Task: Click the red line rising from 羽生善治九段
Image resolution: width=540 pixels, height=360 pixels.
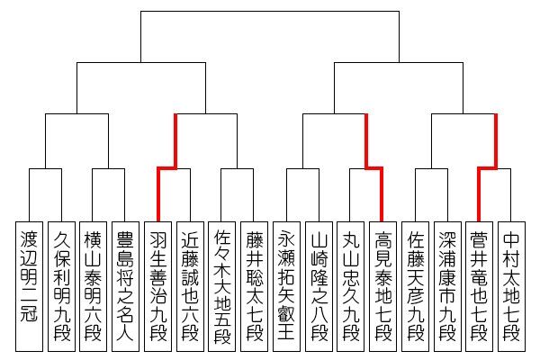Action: [157, 193]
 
